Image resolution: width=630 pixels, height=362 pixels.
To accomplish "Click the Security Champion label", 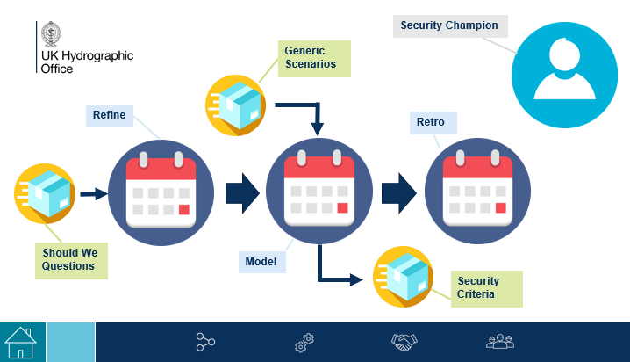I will [449, 26].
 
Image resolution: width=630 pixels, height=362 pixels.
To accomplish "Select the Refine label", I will [110, 115].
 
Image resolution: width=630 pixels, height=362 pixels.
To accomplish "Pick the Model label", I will [260, 261].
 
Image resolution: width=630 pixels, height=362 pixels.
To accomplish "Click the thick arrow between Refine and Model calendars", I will [241, 192].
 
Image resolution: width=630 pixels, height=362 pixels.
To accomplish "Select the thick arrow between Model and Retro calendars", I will [399, 192].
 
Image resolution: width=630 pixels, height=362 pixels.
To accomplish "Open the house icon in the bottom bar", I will [20, 342].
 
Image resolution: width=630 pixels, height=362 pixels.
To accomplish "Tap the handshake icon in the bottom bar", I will [404, 342].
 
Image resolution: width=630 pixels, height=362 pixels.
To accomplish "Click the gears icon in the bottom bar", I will [304, 343].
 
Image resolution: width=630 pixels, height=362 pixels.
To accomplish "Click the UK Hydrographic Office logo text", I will [86, 61].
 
